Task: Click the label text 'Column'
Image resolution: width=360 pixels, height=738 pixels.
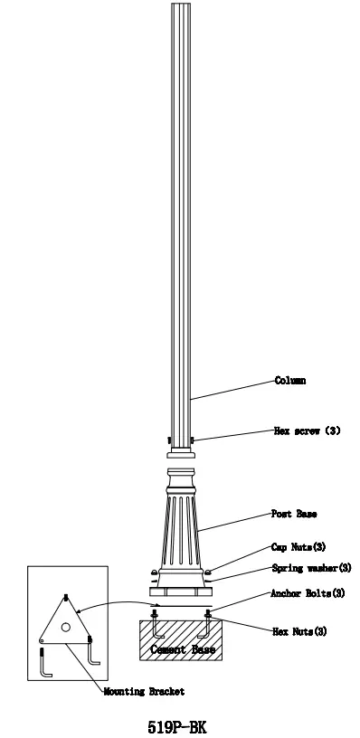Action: [289, 381]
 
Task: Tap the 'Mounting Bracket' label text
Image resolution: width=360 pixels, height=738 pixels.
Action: [145, 691]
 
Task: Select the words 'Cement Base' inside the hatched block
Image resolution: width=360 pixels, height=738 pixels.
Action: [181, 649]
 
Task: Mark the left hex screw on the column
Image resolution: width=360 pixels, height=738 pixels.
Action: [169, 440]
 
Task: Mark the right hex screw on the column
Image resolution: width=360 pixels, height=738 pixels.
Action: [194, 440]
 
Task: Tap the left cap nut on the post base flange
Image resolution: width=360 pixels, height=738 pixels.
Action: [154, 572]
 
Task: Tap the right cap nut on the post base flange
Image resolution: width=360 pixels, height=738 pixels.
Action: [208, 572]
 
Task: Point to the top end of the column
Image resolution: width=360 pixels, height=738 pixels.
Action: [181, 5]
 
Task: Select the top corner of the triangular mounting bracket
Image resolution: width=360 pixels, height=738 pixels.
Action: [67, 597]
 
